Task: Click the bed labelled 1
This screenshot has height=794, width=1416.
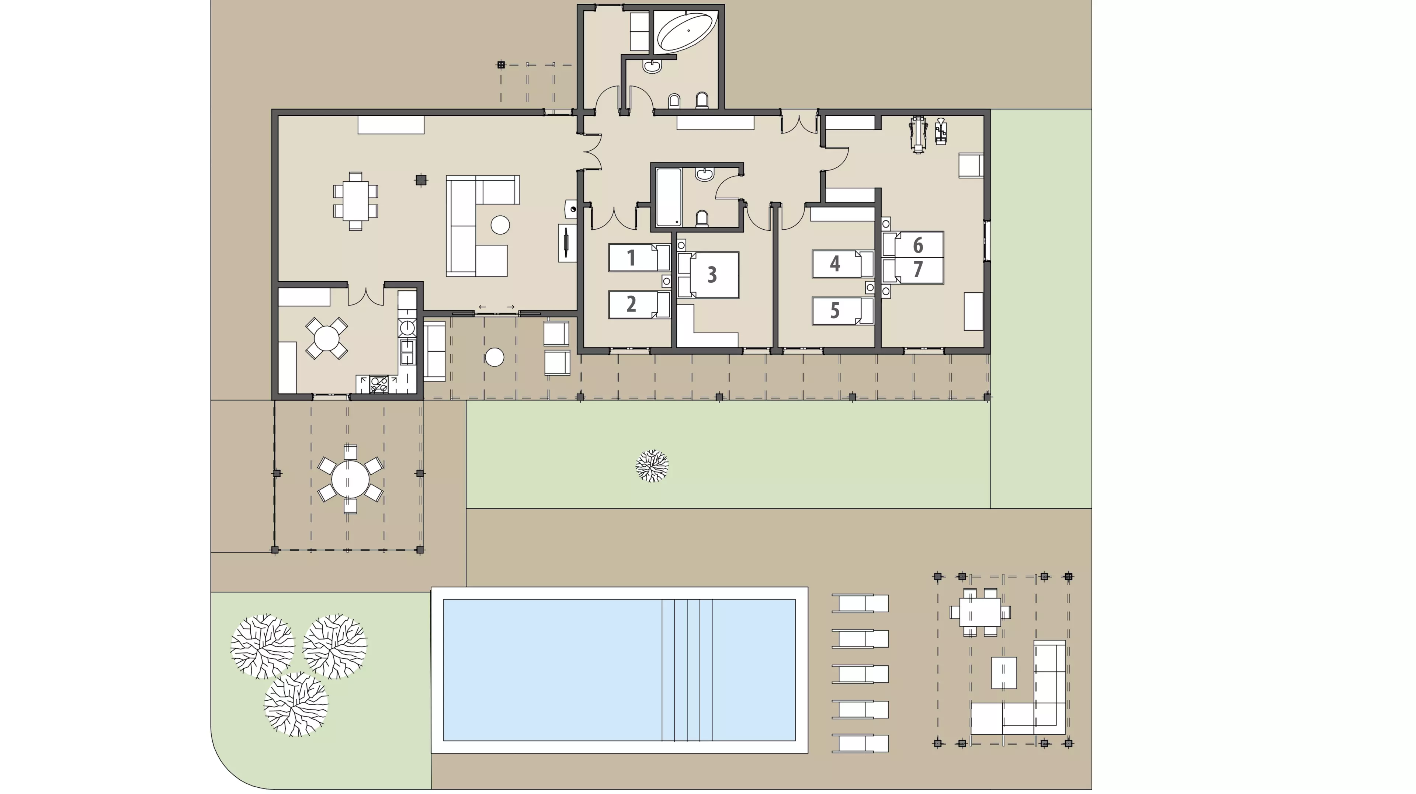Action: (639, 258)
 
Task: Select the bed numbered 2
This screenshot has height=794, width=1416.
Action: (639, 304)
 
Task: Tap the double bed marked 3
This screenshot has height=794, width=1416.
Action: (708, 275)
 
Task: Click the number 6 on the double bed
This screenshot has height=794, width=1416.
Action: (918, 245)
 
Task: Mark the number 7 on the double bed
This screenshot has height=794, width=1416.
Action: (918, 269)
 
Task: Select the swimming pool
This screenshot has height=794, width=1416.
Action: (619, 670)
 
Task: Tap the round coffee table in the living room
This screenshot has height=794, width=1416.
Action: (500, 225)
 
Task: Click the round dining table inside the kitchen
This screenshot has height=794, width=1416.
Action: (326, 338)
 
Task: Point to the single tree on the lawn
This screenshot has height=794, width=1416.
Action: (652, 466)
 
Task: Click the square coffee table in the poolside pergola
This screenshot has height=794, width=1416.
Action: (1004, 673)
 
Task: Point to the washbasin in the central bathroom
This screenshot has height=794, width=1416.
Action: (704, 174)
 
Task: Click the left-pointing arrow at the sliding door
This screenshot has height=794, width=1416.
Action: (482, 307)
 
